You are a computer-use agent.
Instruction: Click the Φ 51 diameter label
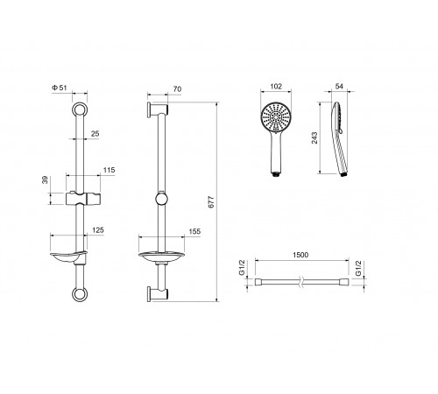(60, 88)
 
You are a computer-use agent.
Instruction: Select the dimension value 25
(95, 134)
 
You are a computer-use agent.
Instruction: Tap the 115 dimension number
(109, 170)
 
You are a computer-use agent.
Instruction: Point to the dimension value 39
(45, 180)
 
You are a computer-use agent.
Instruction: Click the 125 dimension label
(98, 230)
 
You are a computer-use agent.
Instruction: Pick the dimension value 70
(177, 89)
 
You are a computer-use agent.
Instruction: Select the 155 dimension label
(194, 231)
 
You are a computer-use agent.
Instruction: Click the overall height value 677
(211, 202)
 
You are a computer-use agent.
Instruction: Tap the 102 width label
(276, 87)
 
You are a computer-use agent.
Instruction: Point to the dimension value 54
(339, 86)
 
